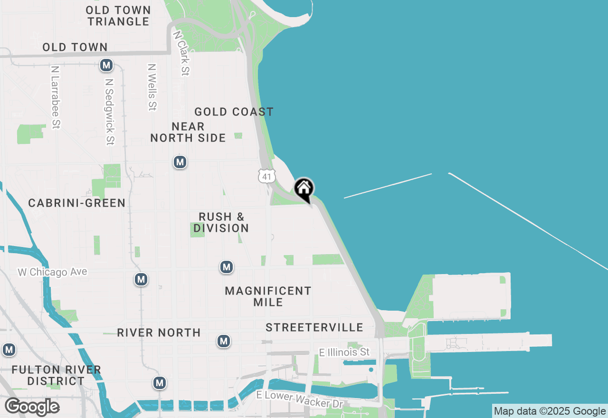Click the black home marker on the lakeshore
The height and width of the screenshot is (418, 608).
pos(304,189)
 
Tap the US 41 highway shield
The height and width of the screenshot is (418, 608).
pos(267,176)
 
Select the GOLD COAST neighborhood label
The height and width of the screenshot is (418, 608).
pos(234,112)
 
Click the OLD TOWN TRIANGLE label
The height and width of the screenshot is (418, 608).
pos(118,16)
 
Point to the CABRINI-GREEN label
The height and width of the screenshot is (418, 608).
pos(77,203)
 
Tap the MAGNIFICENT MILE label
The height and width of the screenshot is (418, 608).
pos(268,296)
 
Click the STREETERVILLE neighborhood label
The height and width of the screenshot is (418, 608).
pos(314,327)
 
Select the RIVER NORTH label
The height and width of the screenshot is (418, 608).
pos(159,332)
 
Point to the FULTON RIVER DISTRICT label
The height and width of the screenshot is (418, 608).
pos(56,375)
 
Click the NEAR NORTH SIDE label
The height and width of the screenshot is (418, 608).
pos(188,132)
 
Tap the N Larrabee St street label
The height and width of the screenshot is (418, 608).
pos(55,97)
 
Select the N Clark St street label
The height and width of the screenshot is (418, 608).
pos(181,53)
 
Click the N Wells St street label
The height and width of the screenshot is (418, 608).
pos(152,87)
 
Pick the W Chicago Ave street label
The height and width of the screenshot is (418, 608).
pos(53,272)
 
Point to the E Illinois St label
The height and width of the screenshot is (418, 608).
pos(344,352)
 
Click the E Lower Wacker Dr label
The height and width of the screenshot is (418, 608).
pos(299,399)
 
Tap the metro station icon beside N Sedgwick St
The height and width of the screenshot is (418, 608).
pos(106,65)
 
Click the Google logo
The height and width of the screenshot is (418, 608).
pos(32,407)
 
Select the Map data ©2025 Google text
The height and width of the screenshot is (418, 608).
pos(550,411)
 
